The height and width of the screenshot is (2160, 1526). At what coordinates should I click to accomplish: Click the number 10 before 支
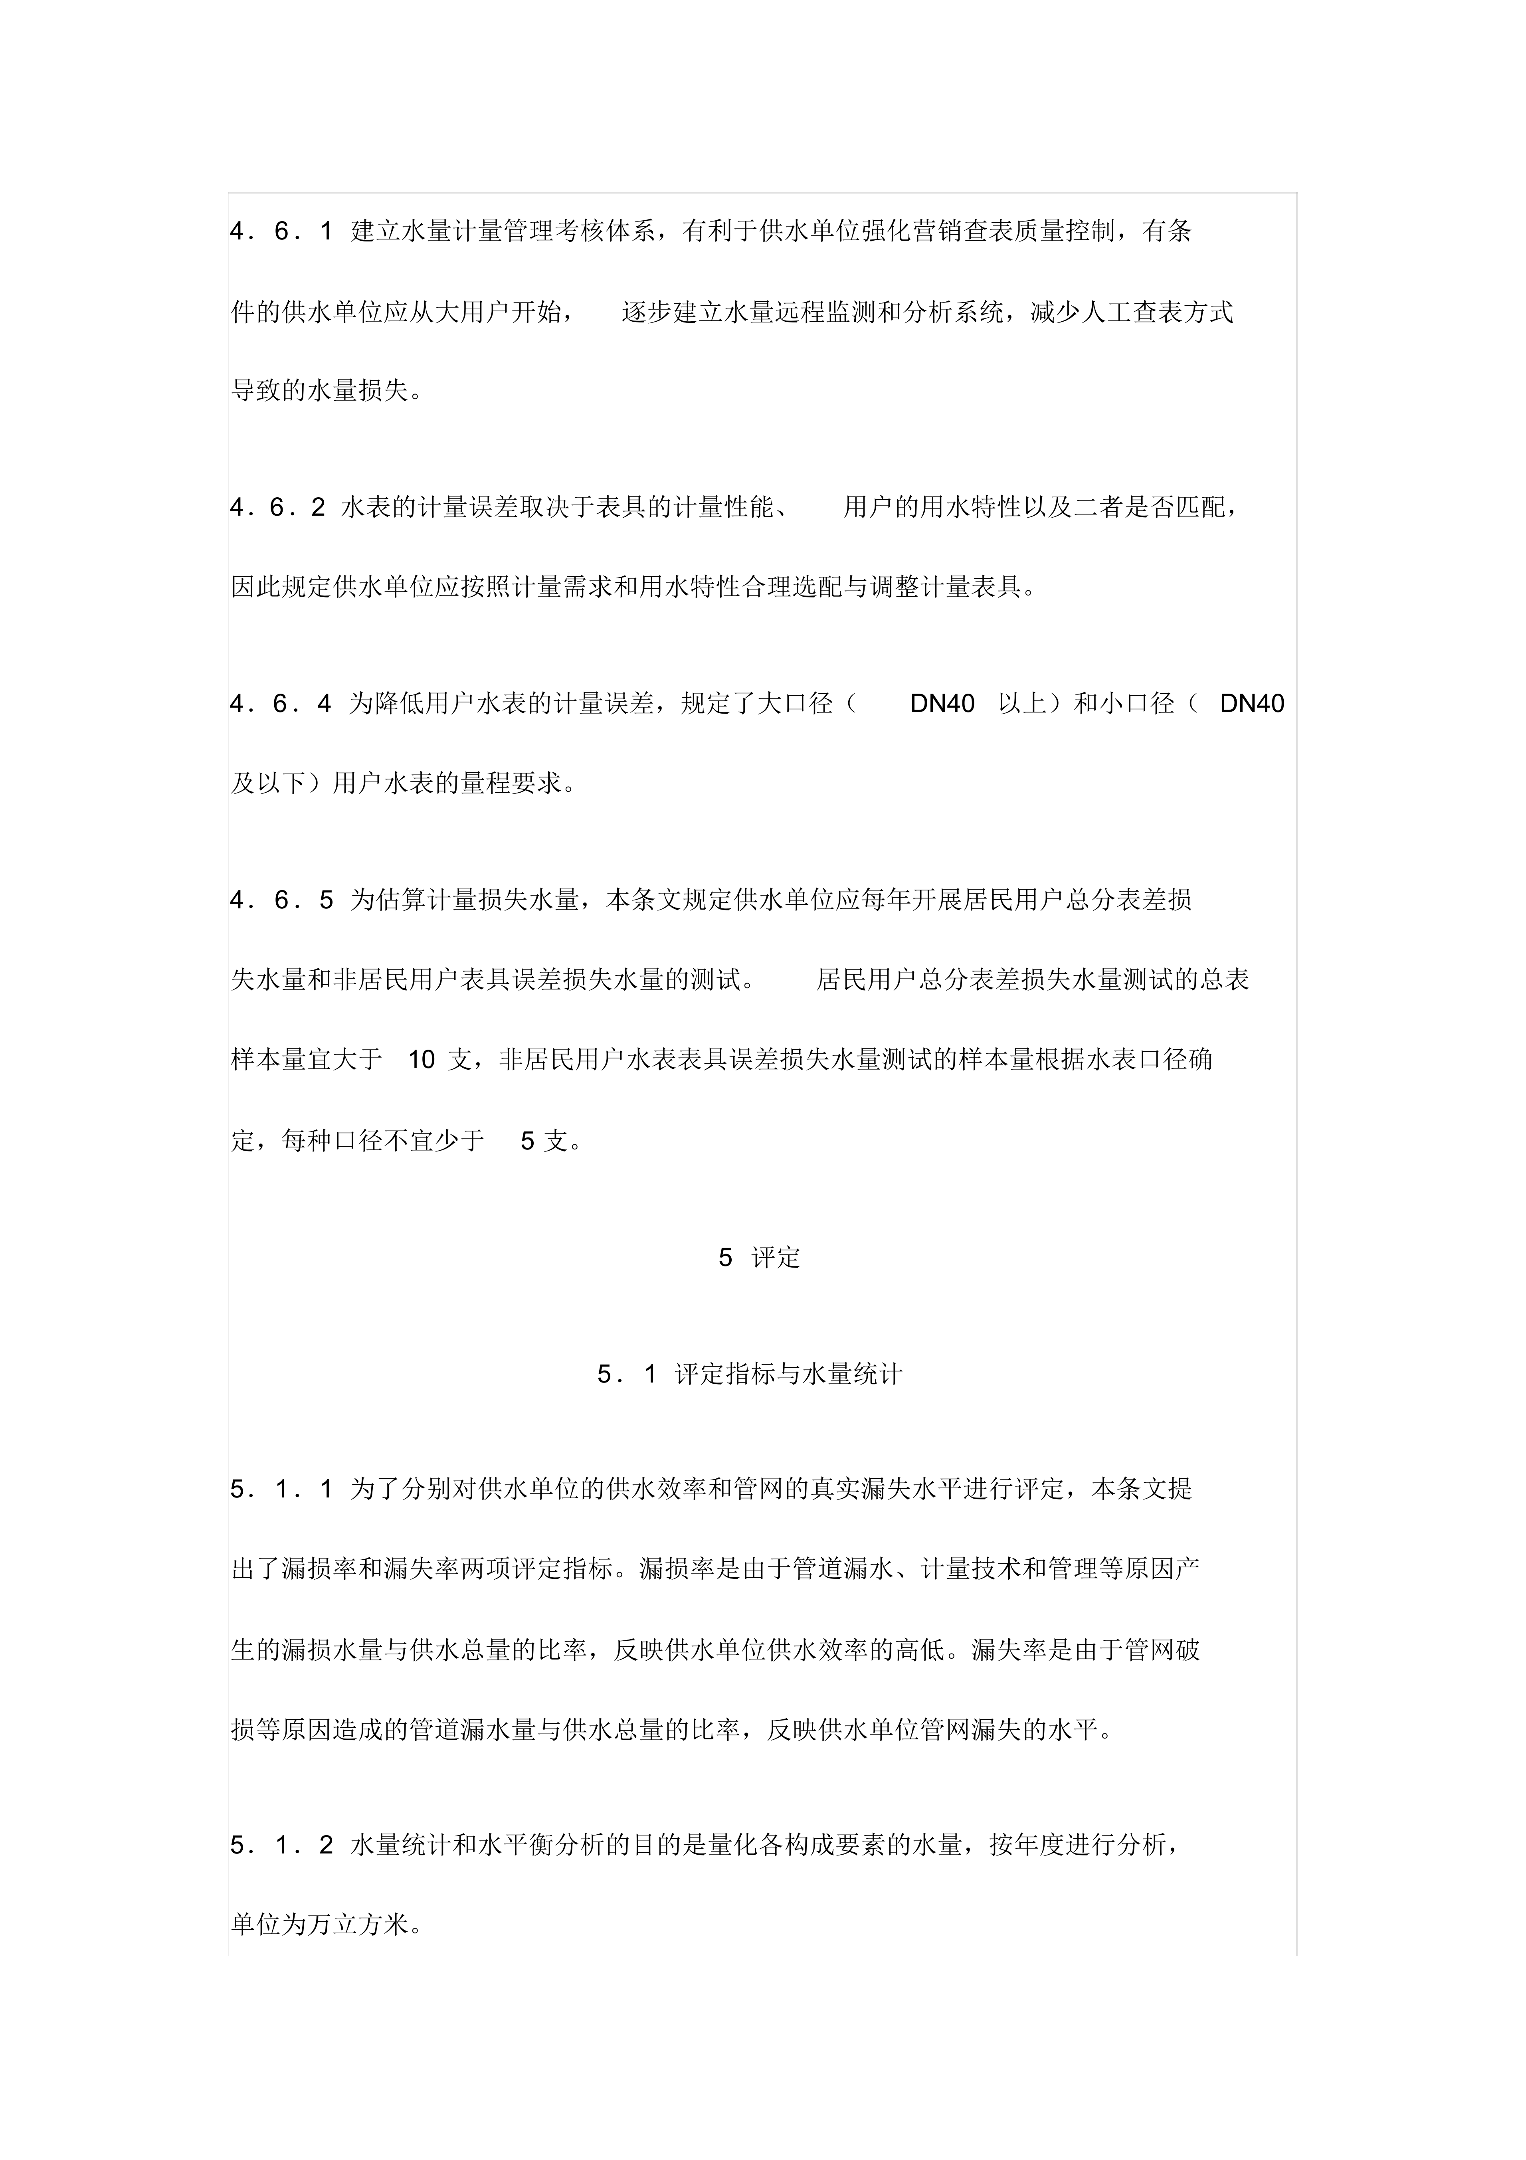[422, 1060]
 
